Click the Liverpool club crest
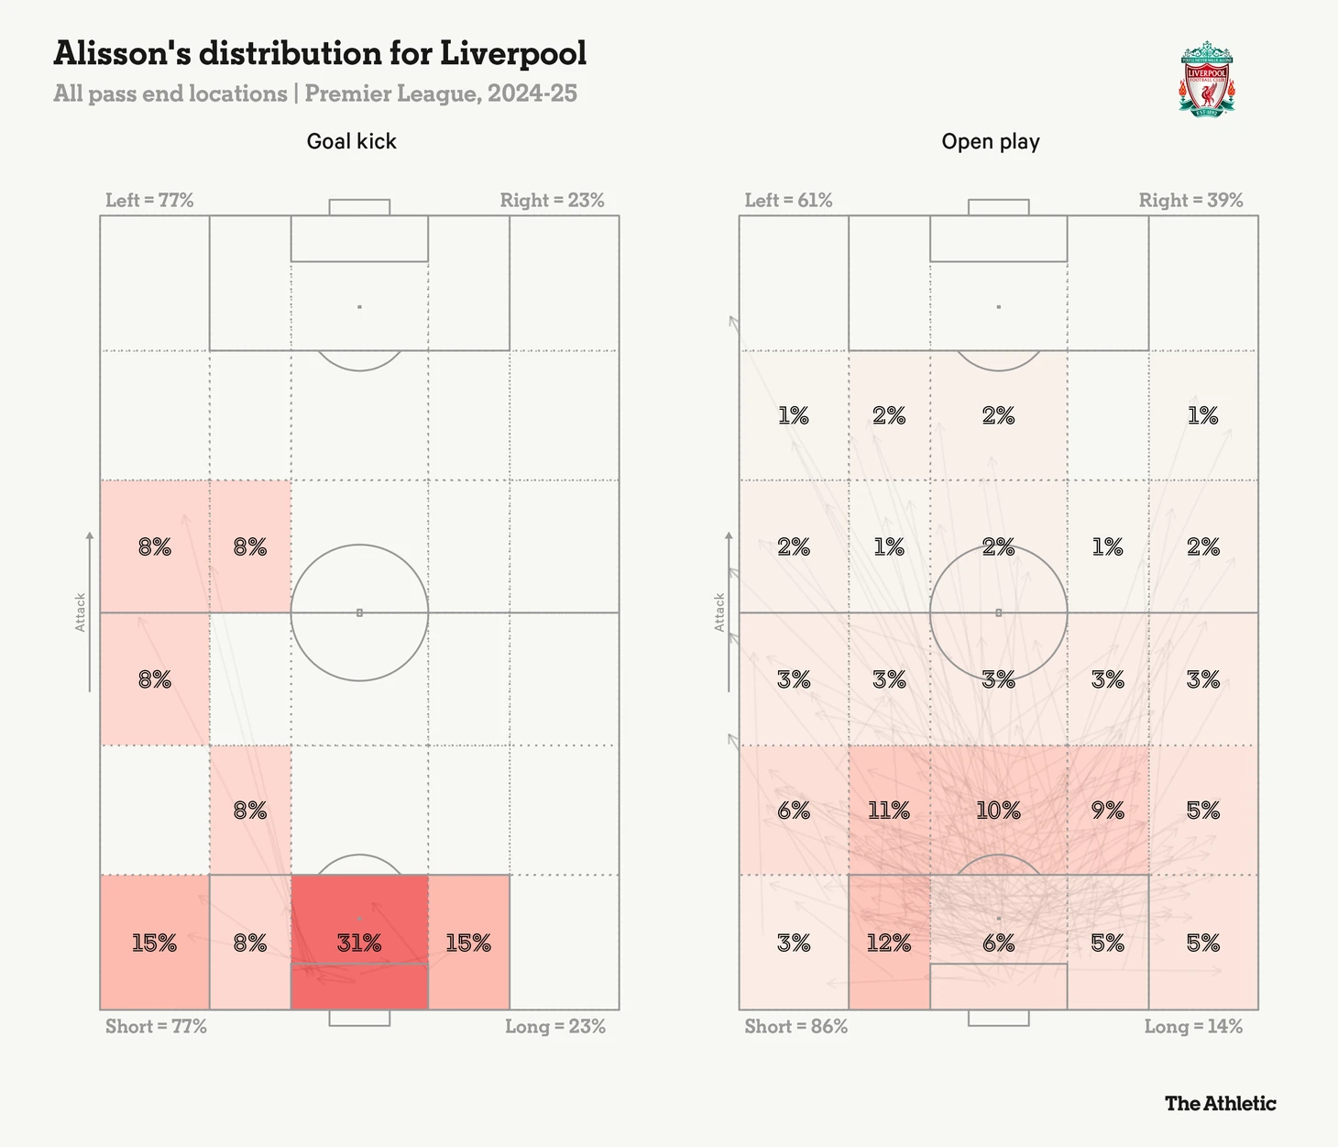[1206, 79]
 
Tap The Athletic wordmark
[1220, 1103]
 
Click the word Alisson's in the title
[122, 53]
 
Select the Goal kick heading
[352, 141]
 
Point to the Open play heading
[991, 141]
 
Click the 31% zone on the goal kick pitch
[359, 943]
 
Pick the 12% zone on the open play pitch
[889, 943]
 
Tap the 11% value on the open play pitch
[889, 811]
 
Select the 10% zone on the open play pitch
[998, 811]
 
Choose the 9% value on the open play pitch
[1107, 811]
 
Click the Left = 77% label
[149, 200]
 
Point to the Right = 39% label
[1190, 200]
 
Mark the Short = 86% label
[795, 1026]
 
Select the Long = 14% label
[1193, 1026]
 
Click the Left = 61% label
[788, 200]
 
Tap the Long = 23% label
[555, 1026]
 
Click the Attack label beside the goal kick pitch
[81, 612]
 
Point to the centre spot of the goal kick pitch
[359, 612]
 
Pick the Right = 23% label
[552, 200]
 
